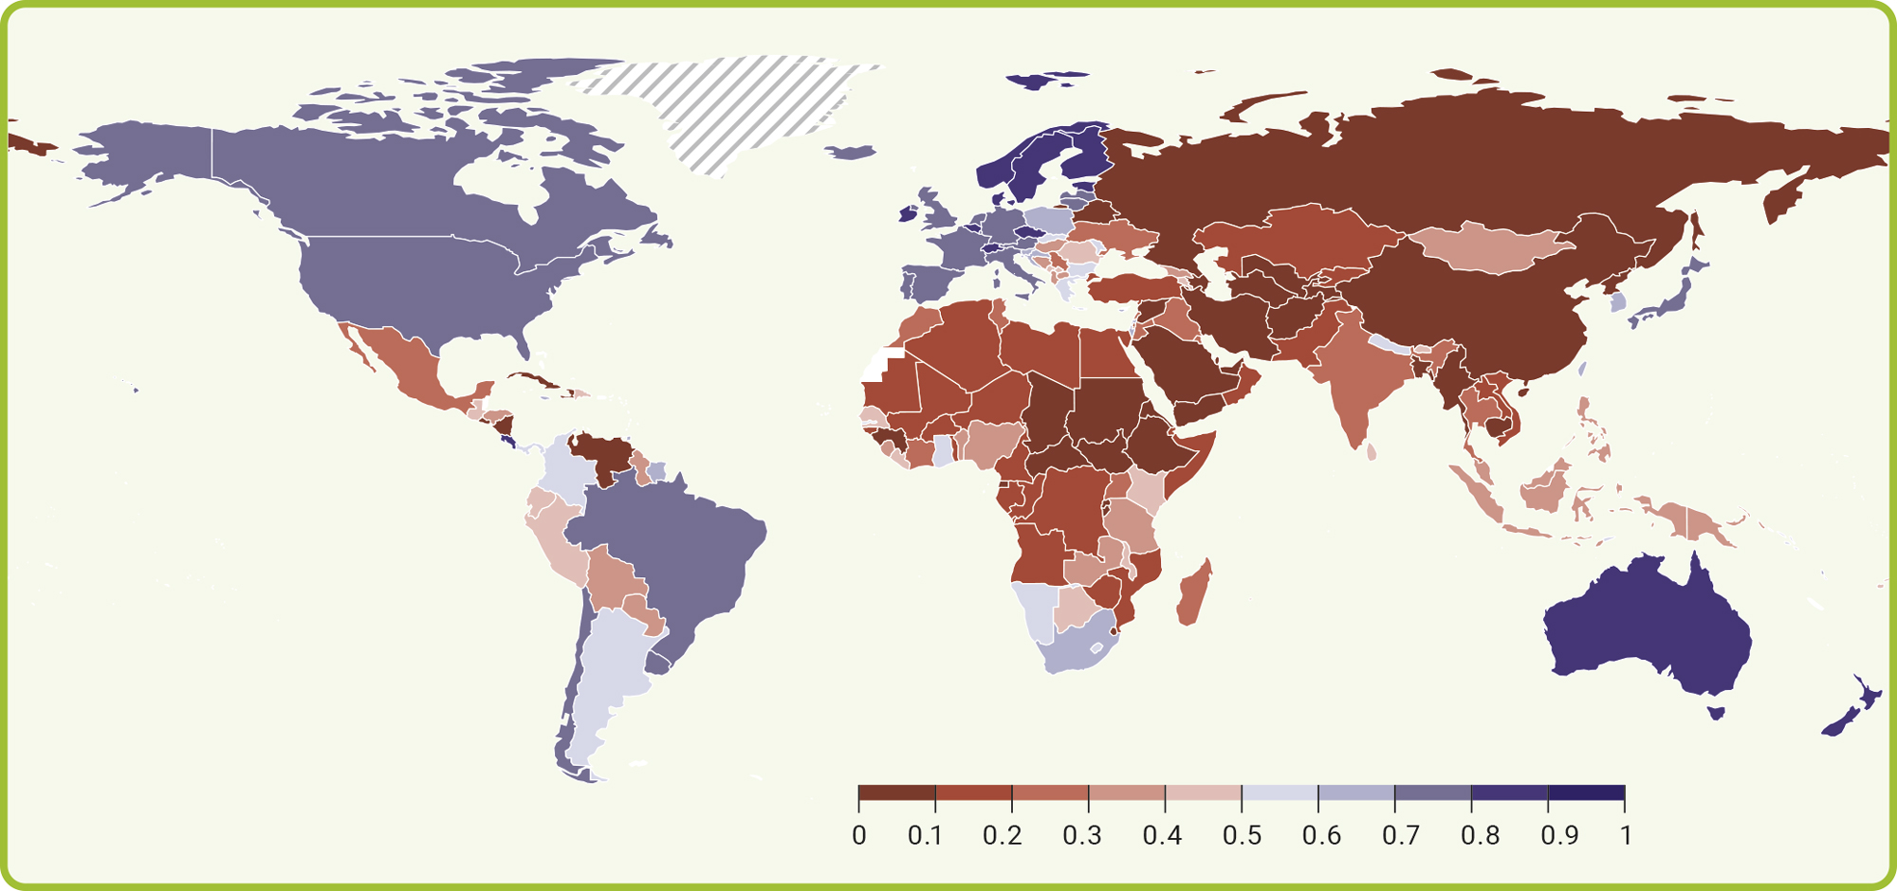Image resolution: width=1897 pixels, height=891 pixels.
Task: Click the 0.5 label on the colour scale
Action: click(1242, 835)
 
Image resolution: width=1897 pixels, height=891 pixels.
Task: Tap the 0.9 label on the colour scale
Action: click(1559, 835)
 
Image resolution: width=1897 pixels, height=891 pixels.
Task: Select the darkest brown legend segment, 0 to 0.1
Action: click(897, 792)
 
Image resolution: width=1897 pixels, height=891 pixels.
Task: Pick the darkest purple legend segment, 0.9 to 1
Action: click(1586, 792)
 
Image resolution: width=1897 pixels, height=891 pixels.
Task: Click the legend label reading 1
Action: click(1626, 835)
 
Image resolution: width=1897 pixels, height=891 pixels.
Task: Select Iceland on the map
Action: click(850, 152)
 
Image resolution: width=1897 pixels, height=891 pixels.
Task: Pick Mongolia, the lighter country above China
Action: click(1489, 248)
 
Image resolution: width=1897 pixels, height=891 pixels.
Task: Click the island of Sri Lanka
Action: click(1372, 452)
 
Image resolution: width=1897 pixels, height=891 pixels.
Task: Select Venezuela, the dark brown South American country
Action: click(603, 455)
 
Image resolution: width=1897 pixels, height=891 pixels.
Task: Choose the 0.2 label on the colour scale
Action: click(1002, 835)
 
